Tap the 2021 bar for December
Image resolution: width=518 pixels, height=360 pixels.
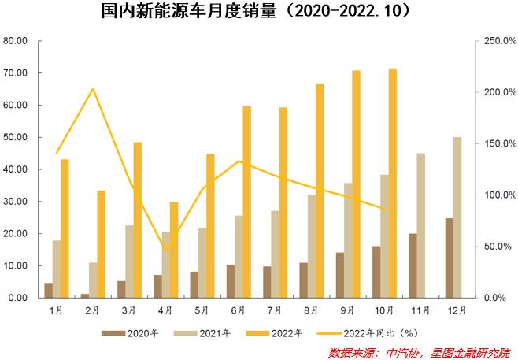pos(457,217)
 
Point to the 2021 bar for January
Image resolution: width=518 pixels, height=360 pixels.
pos(56,269)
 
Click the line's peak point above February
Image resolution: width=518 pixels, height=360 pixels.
pos(93,89)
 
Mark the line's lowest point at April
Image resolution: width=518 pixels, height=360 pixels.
pos(165,251)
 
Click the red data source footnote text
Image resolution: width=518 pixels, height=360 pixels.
pos(419,351)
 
